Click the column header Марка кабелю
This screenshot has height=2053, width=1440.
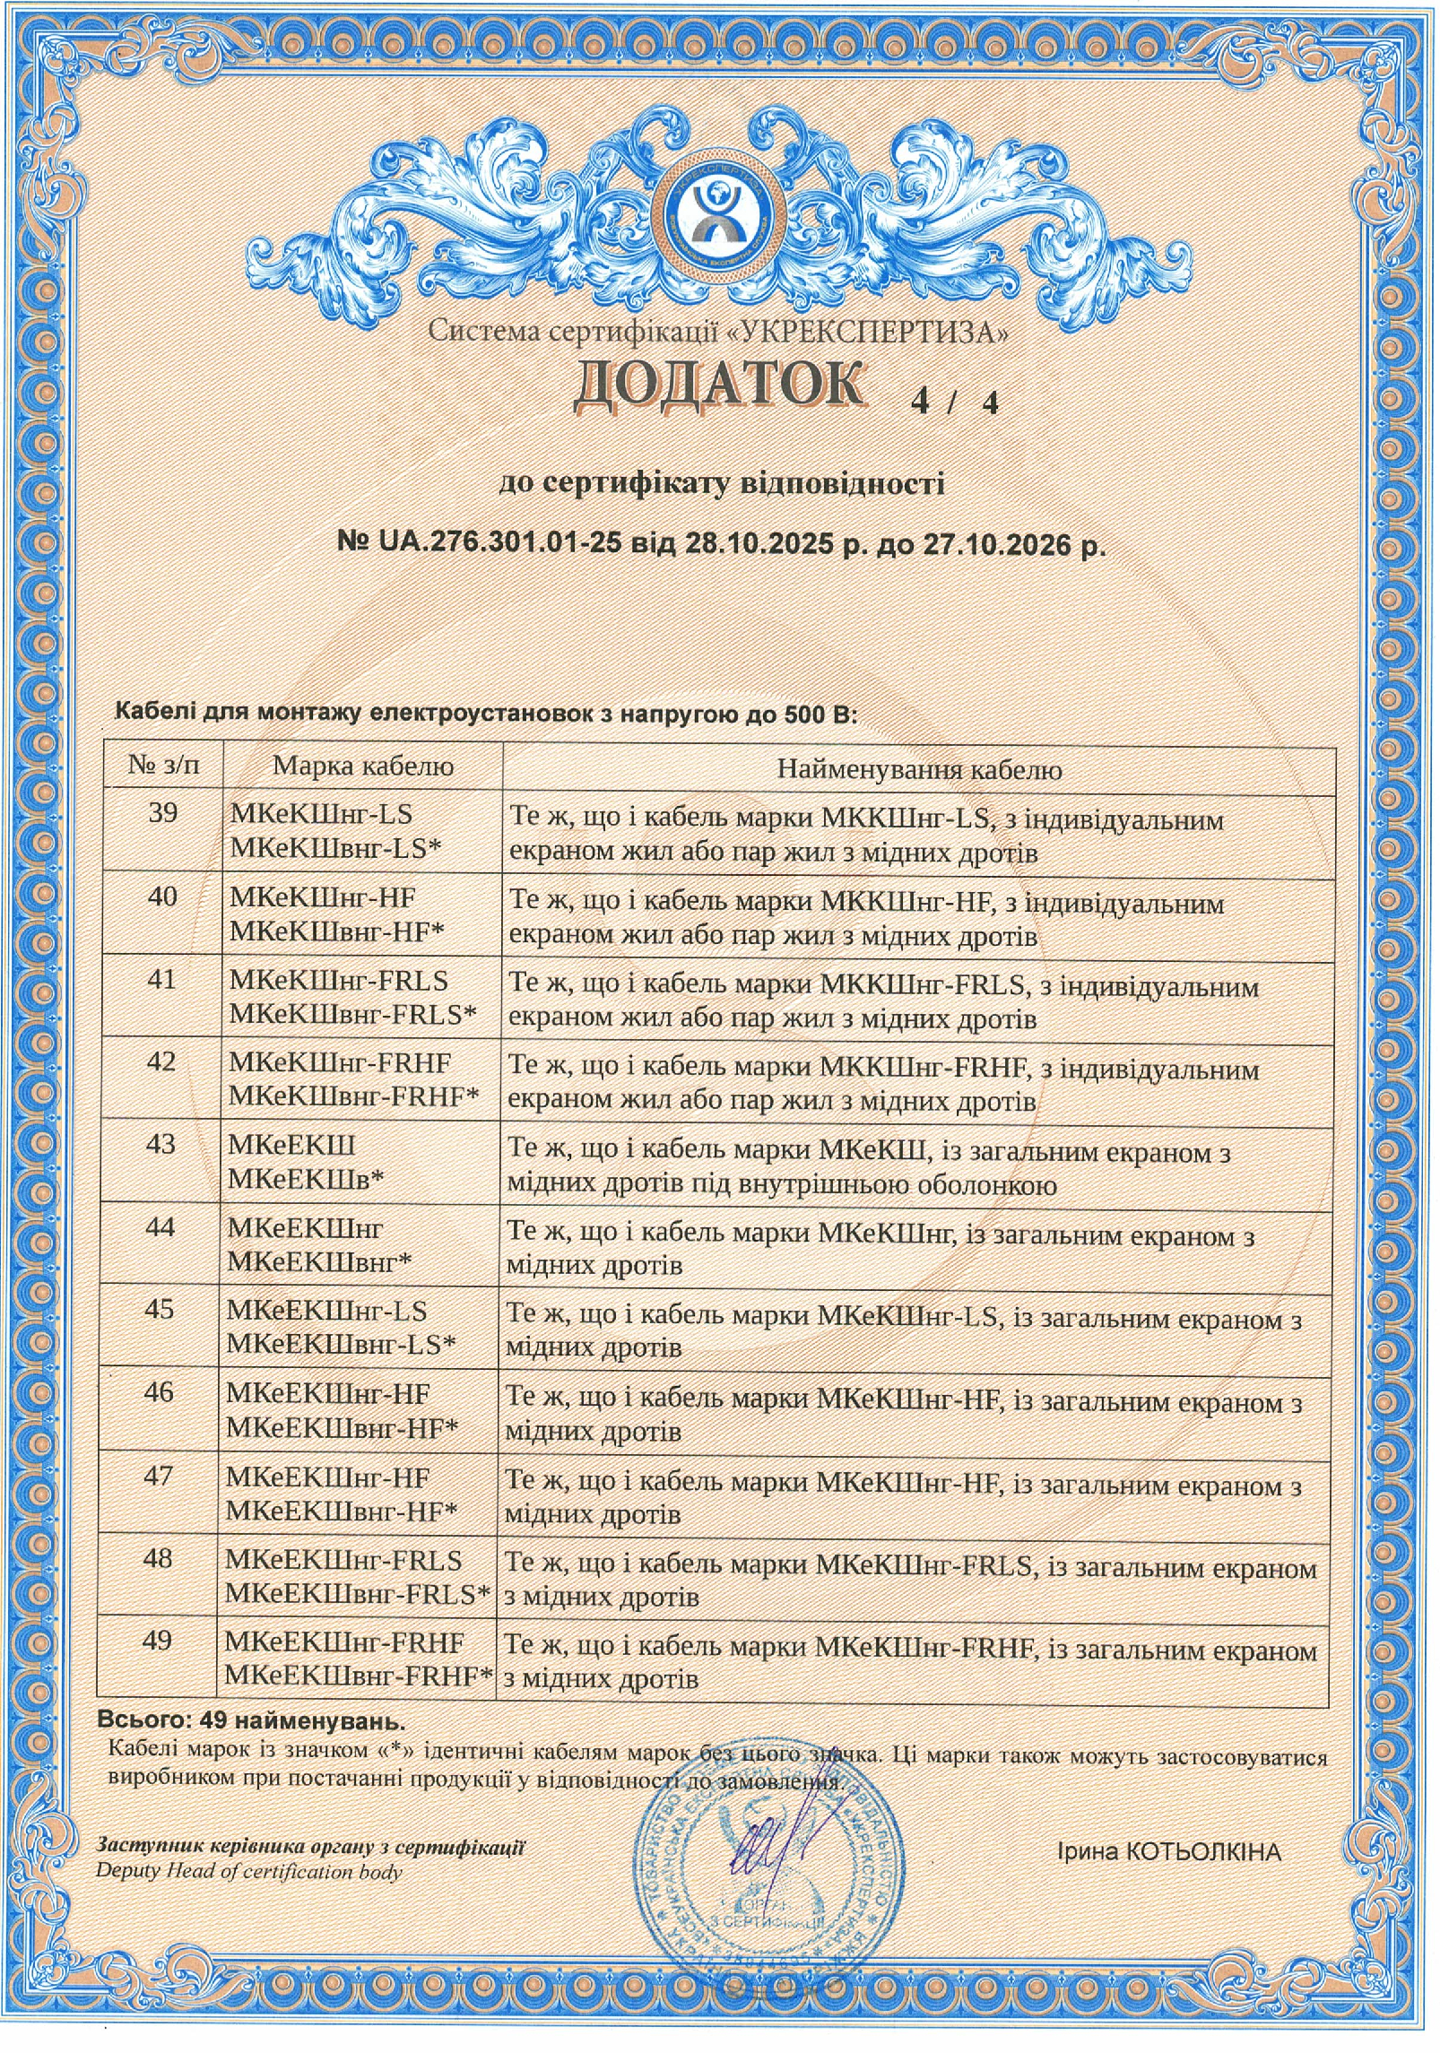(x=363, y=766)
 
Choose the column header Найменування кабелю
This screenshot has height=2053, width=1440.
(x=919, y=769)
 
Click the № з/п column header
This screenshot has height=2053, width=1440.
(x=164, y=766)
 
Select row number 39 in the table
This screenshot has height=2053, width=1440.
(x=162, y=813)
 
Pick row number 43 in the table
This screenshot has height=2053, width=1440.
(x=160, y=1145)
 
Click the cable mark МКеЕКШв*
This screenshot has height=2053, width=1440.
(x=306, y=1178)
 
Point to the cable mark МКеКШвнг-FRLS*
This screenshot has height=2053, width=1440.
(x=353, y=1013)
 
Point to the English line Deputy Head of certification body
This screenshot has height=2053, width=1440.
(x=249, y=1871)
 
